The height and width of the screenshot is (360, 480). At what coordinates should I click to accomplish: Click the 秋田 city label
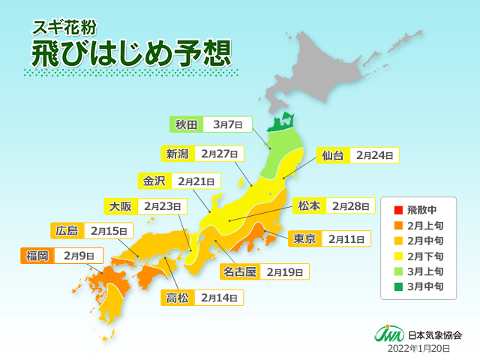(x=185, y=124)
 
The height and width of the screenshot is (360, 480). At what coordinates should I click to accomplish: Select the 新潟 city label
(x=177, y=154)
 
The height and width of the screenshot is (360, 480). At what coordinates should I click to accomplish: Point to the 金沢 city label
(x=153, y=181)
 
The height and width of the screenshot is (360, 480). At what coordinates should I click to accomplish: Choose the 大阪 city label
(x=119, y=205)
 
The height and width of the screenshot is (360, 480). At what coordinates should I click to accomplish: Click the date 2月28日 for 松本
(x=352, y=205)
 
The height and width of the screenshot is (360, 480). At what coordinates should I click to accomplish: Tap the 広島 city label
(x=67, y=229)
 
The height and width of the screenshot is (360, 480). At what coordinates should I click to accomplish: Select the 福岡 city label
(x=37, y=256)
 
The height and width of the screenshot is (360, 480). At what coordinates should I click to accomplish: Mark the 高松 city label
(x=177, y=298)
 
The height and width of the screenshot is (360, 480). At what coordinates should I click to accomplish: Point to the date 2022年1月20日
(x=418, y=349)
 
